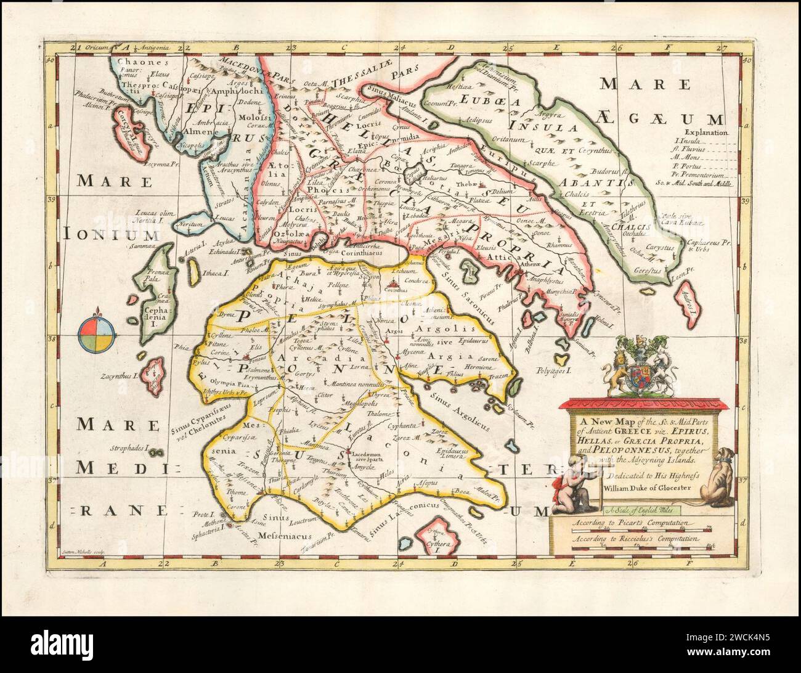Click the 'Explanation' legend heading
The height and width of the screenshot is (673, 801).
(706, 132)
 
